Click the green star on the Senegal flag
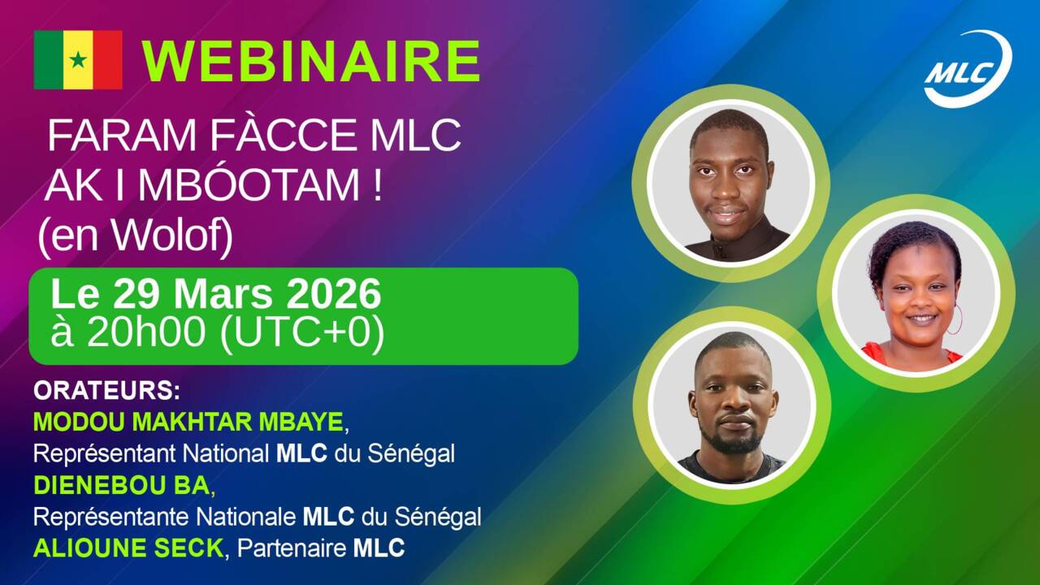(78, 60)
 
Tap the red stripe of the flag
(108, 60)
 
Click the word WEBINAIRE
(311, 61)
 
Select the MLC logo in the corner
(968, 69)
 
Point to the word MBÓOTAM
(249, 184)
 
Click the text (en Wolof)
(135, 236)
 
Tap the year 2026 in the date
(333, 294)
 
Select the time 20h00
(147, 332)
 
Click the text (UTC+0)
(301, 333)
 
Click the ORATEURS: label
(106, 391)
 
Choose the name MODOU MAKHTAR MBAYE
(188, 422)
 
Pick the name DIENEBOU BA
(122, 486)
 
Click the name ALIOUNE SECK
(128, 548)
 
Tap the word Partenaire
(292, 548)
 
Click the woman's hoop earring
(955, 320)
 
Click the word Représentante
(111, 518)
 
